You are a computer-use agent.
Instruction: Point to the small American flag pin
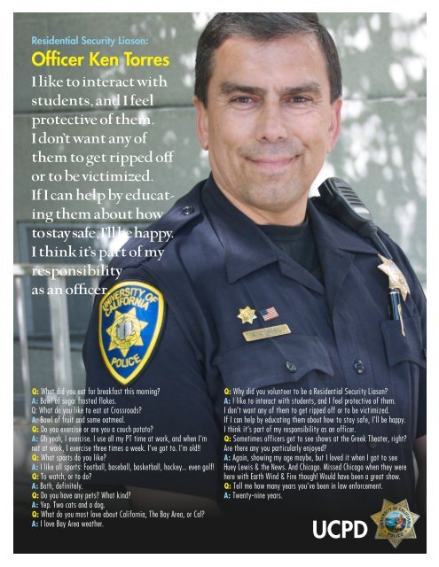coord(269,314)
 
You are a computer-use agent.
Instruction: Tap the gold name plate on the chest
coord(266,334)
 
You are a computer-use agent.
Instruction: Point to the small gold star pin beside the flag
coord(246,314)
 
